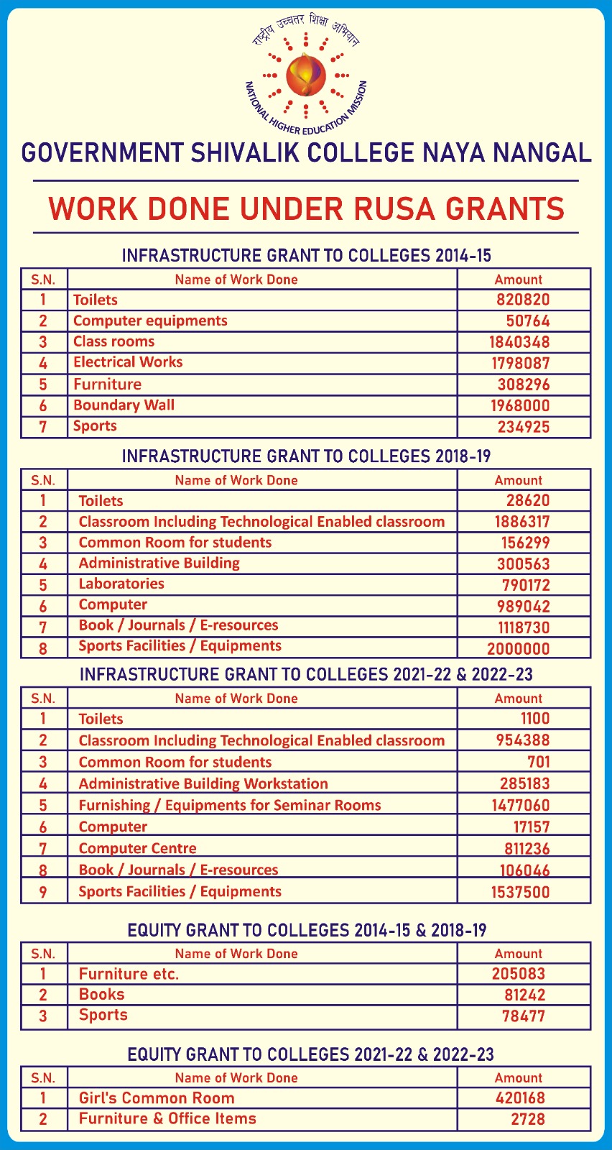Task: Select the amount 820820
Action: (522, 300)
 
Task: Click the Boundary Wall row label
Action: (124, 405)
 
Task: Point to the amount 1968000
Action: (519, 405)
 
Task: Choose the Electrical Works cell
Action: (128, 362)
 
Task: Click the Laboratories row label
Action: (121, 584)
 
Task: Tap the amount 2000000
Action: (518, 648)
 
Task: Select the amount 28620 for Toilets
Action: (527, 501)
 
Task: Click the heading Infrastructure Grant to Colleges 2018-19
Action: (306, 456)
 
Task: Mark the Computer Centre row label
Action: (137, 848)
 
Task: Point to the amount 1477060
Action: (520, 805)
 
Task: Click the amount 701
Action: (538, 762)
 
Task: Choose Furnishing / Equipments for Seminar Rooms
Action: (230, 805)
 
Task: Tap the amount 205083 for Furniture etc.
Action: (519, 974)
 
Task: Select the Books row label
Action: (101, 995)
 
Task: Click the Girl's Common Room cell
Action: (157, 1098)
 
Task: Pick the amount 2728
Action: (528, 1119)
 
